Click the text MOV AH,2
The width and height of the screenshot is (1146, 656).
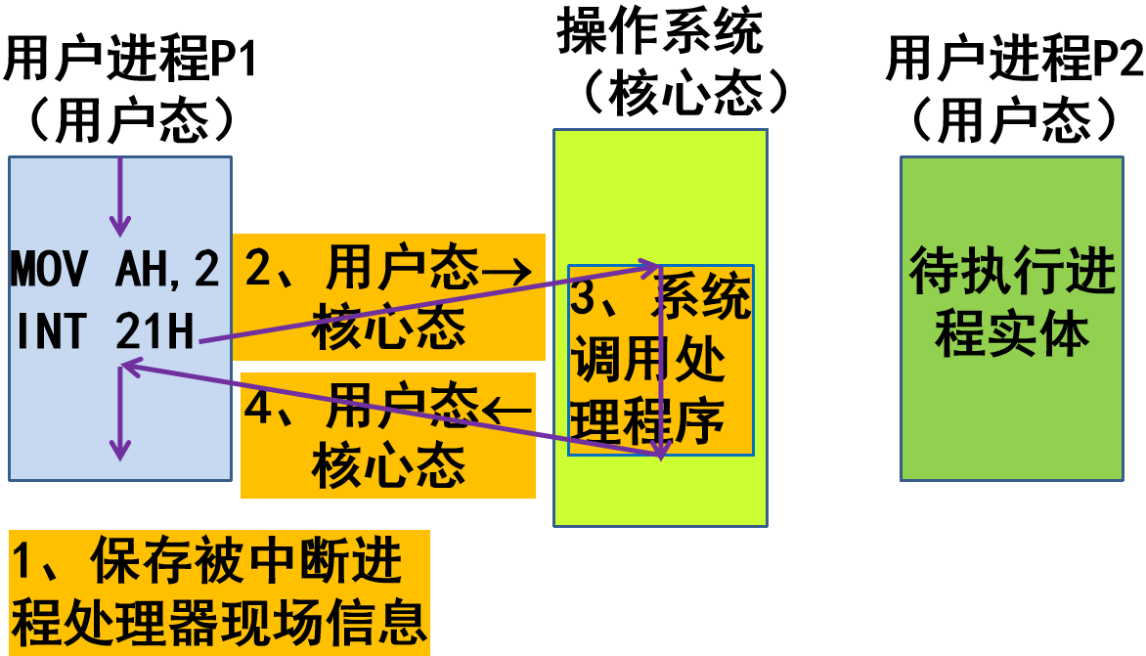point(115,270)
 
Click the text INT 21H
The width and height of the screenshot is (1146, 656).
point(105,332)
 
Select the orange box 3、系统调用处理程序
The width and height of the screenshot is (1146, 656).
point(661,360)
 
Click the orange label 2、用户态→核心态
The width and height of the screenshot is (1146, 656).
point(388,297)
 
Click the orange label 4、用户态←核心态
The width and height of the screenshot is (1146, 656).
point(388,435)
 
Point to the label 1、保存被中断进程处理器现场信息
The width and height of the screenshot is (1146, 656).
point(219,590)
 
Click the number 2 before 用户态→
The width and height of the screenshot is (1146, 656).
point(258,267)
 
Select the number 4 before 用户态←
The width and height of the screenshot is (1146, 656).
point(258,406)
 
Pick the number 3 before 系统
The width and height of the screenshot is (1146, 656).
point(584,297)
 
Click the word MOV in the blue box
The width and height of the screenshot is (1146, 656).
point(50,270)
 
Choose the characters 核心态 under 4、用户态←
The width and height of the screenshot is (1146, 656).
point(388,466)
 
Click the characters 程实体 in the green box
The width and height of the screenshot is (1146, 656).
point(1011,334)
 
